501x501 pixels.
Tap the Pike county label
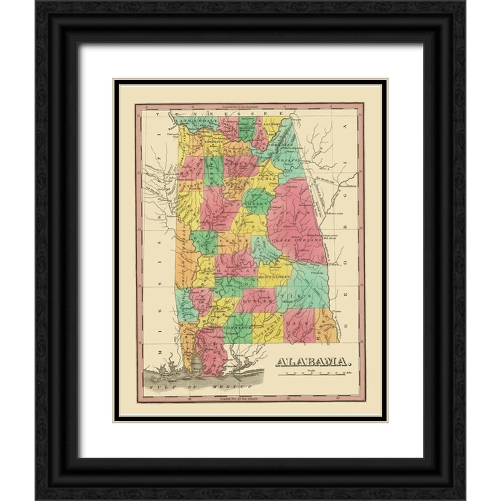click(x=301, y=292)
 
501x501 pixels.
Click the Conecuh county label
click(x=236, y=328)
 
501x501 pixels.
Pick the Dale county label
click(x=299, y=325)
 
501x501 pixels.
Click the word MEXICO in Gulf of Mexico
click(x=236, y=389)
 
